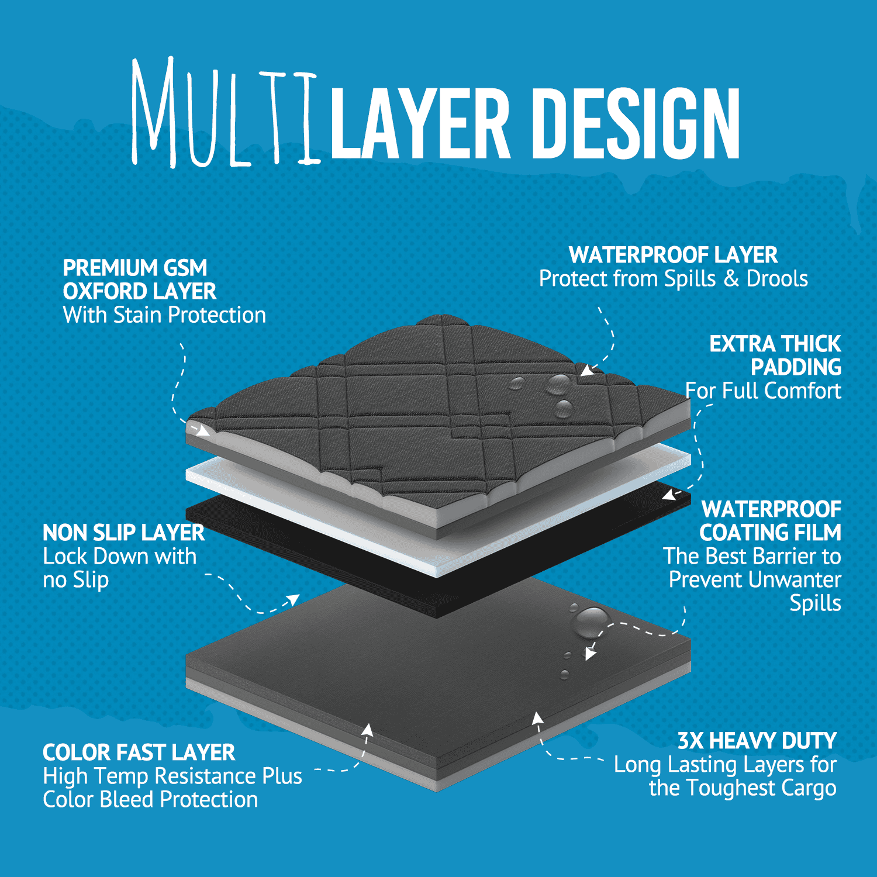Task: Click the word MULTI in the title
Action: tap(226, 111)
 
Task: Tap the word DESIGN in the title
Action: tap(638, 124)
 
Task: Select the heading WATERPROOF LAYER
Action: tap(673, 255)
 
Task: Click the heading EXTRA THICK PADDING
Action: tap(775, 355)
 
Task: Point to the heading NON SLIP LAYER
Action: tap(123, 533)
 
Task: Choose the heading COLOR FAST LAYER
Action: tap(139, 752)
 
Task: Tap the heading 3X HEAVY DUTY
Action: tap(757, 741)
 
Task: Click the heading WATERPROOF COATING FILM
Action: tap(771, 521)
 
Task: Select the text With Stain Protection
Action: tap(164, 315)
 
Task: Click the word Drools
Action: tap(777, 279)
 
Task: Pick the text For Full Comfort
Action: tap(763, 391)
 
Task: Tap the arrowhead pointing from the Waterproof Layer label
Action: tap(587, 371)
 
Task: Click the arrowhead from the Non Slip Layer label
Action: tap(292, 600)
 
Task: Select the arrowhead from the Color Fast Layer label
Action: tap(367, 730)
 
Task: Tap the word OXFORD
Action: tap(103, 291)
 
